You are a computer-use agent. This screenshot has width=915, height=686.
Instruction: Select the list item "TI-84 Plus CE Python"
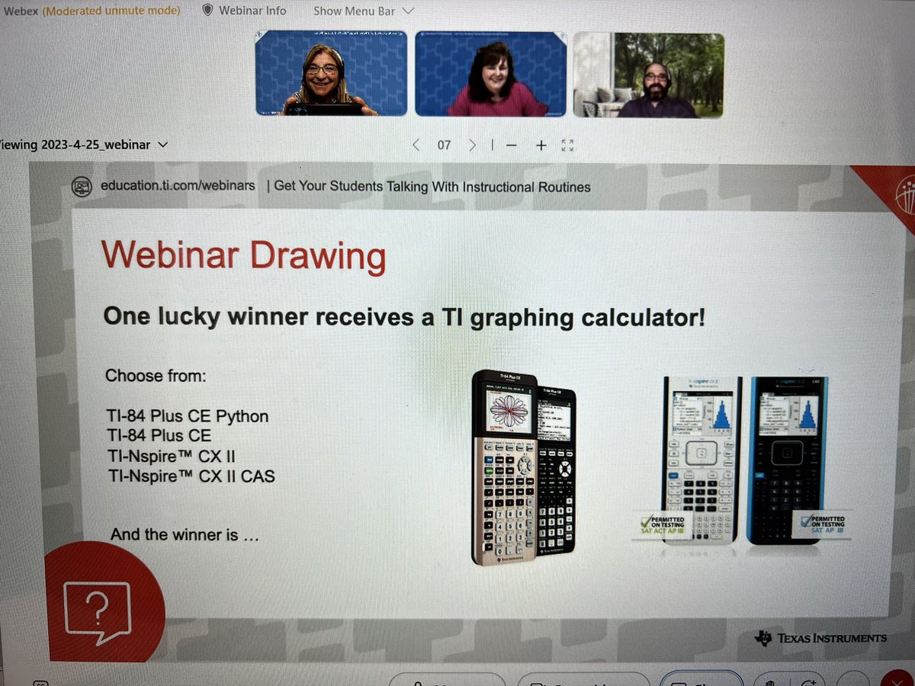[x=187, y=416]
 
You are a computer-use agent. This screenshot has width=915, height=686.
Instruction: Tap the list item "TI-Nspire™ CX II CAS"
[x=190, y=477]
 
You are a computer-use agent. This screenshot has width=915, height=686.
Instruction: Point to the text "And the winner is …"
[x=185, y=534]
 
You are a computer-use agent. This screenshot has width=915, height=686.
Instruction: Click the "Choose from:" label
[x=156, y=375]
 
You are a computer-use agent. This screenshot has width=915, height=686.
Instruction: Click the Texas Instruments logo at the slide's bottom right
[x=820, y=637]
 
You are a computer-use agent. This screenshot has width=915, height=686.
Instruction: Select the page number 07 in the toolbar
[x=444, y=145]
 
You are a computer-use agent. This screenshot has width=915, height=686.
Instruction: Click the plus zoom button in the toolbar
[x=541, y=145]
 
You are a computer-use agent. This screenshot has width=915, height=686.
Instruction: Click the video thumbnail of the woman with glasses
[x=330, y=74]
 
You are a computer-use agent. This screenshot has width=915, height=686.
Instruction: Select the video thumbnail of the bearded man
[x=648, y=74]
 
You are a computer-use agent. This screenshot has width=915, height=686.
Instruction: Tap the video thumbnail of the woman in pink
[x=490, y=74]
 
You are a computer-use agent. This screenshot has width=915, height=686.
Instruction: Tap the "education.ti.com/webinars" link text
[x=178, y=186]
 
